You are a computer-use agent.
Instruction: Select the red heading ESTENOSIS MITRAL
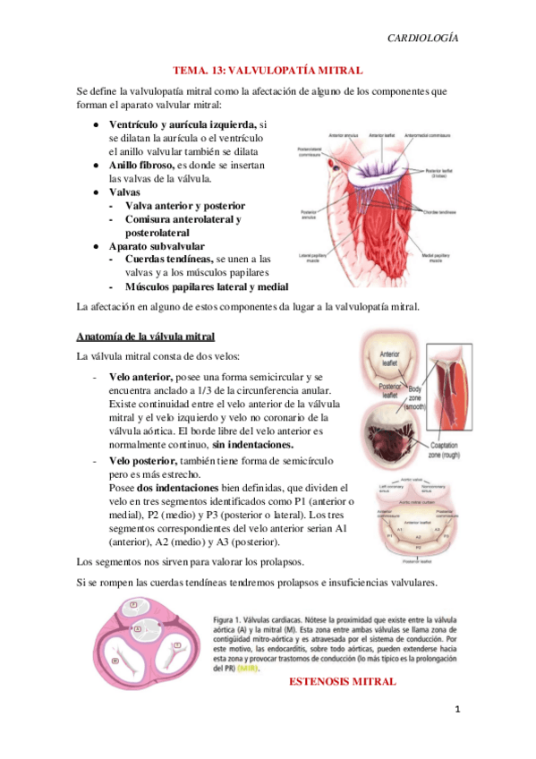344,682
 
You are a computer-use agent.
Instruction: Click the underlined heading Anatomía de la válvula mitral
146,337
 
